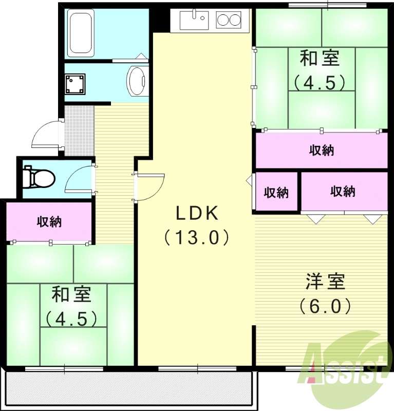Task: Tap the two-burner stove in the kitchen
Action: coord(229,21)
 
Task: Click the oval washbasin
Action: coord(137,81)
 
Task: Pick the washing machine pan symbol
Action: coord(75,84)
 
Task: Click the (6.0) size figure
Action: coord(326,307)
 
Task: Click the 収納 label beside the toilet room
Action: coord(49,222)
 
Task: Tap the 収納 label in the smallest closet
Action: coord(276,193)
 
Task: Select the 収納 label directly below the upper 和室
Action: coord(322,150)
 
